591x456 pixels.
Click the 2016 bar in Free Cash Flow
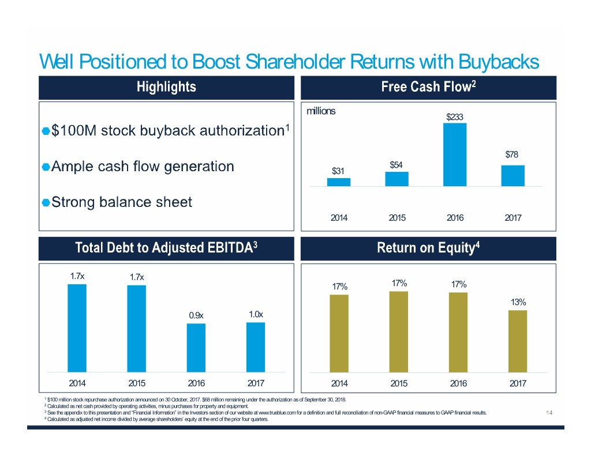pyautogui.click(x=455, y=154)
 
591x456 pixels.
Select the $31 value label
pyautogui.click(x=338, y=171)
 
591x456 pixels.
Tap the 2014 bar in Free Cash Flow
pyautogui.click(x=338, y=182)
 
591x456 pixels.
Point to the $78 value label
pyautogui.click(x=513, y=154)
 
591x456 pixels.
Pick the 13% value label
pyautogui.click(x=518, y=302)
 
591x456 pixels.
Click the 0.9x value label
pyautogui.click(x=196, y=315)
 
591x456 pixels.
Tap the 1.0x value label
pyautogui.click(x=256, y=314)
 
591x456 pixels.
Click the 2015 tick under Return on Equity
pyautogui.click(x=398, y=383)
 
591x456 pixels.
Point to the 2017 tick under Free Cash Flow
pyautogui.click(x=513, y=218)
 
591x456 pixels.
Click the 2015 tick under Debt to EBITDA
pyautogui.click(x=137, y=383)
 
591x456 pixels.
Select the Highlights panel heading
pyautogui.click(x=166, y=87)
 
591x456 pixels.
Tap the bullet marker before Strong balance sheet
pyautogui.click(x=45, y=202)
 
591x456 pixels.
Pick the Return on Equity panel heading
pyautogui.click(x=428, y=248)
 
